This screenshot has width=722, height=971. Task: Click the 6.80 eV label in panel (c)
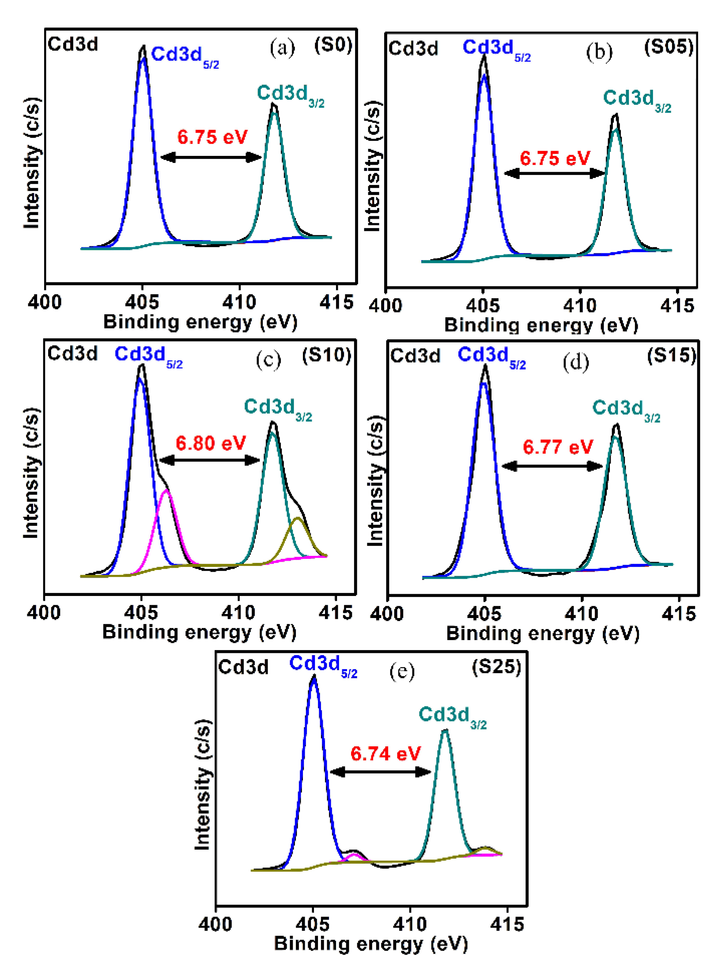click(x=211, y=443)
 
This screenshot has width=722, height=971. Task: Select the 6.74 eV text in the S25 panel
click(x=386, y=753)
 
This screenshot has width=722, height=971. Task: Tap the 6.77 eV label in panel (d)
click(x=558, y=447)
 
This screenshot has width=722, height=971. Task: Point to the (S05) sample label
click(x=669, y=47)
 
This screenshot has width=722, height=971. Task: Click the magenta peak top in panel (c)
click(x=166, y=491)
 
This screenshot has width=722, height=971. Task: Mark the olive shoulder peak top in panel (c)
click(x=298, y=518)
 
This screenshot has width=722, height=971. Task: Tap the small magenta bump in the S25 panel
click(x=354, y=854)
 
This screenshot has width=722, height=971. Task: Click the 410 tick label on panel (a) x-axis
click(x=239, y=302)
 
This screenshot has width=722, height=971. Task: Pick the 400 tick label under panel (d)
click(x=387, y=614)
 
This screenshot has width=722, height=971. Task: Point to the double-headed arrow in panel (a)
click(x=211, y=157)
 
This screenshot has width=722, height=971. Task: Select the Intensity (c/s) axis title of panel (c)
click(x=31, y=473)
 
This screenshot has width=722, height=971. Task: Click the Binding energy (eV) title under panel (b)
click(x=541, y=325)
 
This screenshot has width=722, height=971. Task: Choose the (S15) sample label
click(x=671, y=356)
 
